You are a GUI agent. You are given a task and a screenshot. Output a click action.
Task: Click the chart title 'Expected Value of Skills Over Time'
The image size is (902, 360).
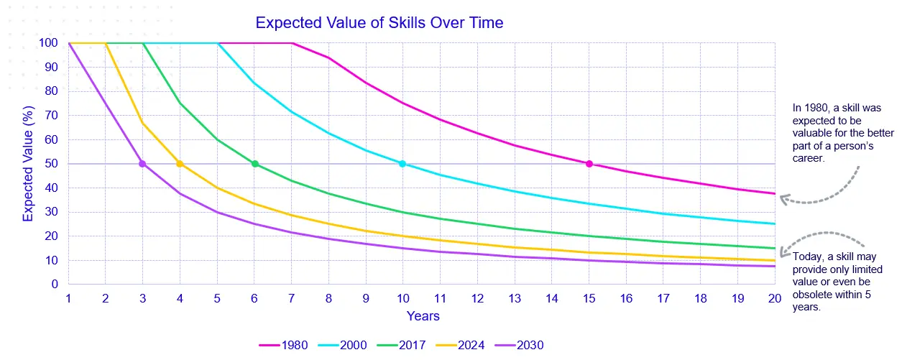tap(379, 23)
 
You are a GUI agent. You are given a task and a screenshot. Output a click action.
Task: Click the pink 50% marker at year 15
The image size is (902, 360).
tap(589, 164)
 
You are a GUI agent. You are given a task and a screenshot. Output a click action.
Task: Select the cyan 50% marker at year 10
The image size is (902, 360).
tap(402, 164)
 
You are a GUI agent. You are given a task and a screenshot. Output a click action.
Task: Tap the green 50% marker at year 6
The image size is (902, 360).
tap(254, 164)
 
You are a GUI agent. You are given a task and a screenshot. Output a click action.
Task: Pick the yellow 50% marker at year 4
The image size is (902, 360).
tap(180, 164)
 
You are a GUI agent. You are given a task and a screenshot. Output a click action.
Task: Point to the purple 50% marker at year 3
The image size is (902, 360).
tap(142, 164)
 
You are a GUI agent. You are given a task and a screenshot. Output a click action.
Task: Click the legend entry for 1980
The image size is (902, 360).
tap(284, 346)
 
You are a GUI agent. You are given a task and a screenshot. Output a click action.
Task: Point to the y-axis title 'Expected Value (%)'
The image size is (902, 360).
tap(28, 164)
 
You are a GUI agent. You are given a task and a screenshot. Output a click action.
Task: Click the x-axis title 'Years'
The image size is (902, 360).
tap(423, 316)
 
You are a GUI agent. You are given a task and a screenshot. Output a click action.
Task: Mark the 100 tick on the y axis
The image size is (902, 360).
tap(49, 43)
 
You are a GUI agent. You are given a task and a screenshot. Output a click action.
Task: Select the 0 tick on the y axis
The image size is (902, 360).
tap(54, 285)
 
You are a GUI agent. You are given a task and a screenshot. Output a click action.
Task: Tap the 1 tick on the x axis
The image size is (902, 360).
tap(69, 297)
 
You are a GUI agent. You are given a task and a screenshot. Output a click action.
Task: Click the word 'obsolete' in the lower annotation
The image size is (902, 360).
tap(814, 295)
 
